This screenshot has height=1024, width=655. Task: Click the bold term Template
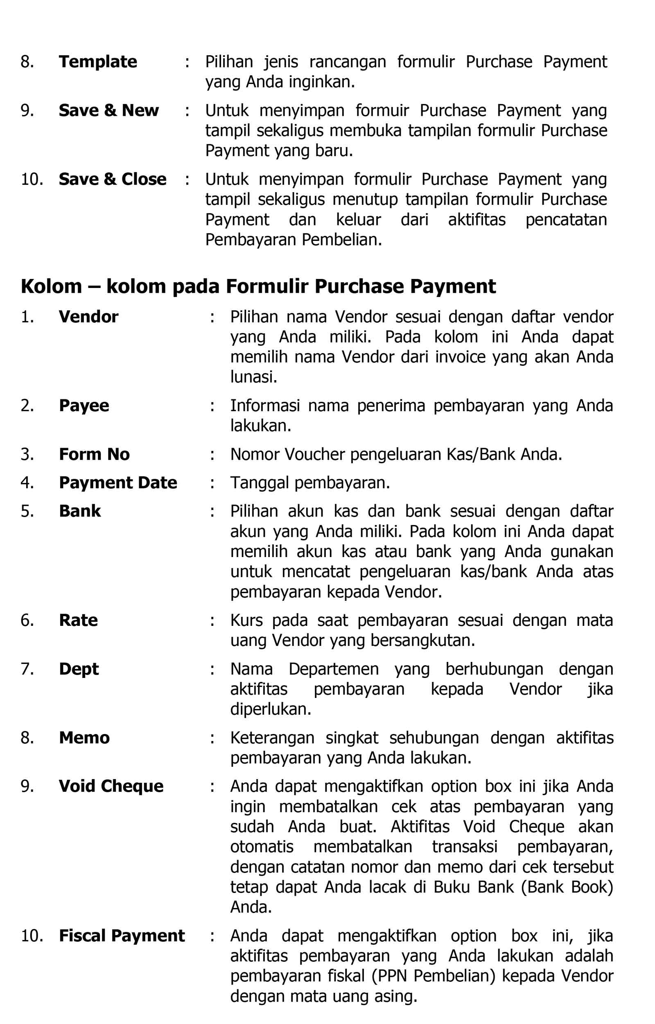(98, 62)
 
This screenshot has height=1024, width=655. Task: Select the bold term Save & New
(108, 111)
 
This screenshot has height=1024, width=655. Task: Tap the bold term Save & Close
(112, 179)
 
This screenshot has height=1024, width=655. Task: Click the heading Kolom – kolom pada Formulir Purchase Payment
(258, 286)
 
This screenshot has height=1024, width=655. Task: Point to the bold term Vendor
(88, 317)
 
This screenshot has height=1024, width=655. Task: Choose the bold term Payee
(84, 406)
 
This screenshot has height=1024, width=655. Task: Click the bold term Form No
(94, 454)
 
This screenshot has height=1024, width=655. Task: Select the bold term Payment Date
(118, 483)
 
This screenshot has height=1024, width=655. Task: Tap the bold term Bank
(80, 511)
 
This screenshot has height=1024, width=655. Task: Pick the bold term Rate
(78, 620)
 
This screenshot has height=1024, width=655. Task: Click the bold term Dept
(79, 669)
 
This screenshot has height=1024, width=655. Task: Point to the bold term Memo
(84, 738)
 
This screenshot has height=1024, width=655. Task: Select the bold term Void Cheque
(111, 786)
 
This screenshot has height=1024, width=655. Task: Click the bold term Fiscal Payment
(122, 936)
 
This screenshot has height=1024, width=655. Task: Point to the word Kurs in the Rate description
(246, 620)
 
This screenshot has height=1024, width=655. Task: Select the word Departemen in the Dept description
(334, 669)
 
